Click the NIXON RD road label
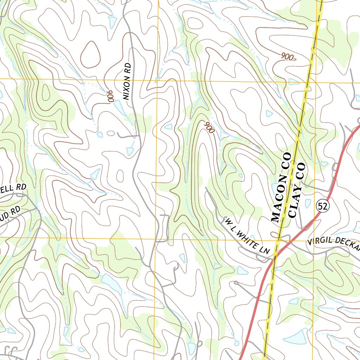point(127,81)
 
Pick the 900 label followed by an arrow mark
point(288,57)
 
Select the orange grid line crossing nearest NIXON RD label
point(157,80)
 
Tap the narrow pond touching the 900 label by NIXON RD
point(119,108)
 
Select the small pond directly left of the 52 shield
point(308,204)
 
